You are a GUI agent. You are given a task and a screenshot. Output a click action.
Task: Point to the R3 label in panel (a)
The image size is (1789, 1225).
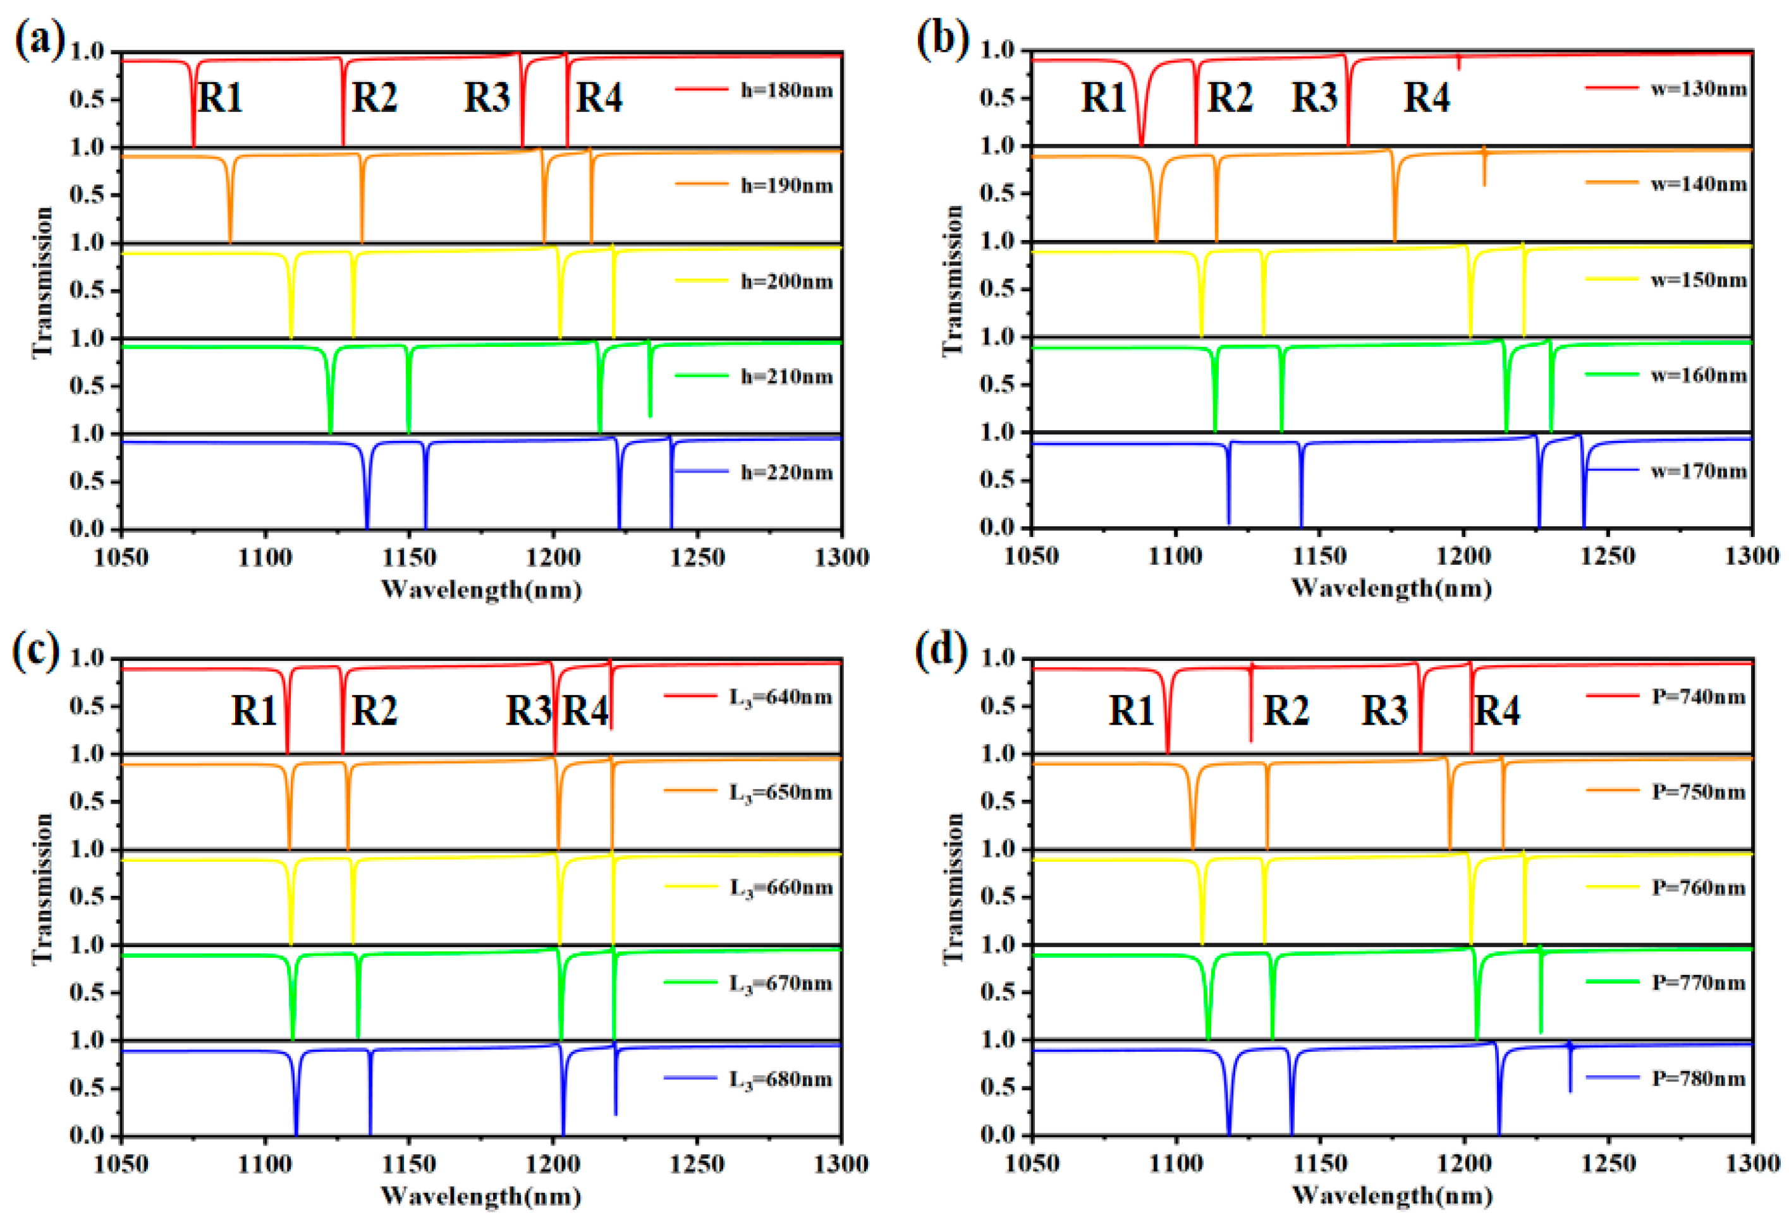click(x=487, y=98)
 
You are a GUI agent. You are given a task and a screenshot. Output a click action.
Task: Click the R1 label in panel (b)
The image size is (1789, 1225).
click(x=1103, y=98)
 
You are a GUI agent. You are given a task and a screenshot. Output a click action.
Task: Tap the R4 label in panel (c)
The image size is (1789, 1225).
click(x=585, y=709)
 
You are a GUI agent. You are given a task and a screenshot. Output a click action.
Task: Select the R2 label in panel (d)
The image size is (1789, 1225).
click(x=1286, y=709)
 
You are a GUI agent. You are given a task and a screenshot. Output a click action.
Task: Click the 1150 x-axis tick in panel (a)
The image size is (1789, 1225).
click(x=409, y=557)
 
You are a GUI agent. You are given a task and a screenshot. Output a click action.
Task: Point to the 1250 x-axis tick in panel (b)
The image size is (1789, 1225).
click(x=1608, y=555)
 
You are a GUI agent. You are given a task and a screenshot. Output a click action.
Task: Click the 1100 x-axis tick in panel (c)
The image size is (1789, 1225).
click(x=265, y=1164)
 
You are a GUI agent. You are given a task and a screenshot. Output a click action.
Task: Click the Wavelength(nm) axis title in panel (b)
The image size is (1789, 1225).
click(x=1392, y=589)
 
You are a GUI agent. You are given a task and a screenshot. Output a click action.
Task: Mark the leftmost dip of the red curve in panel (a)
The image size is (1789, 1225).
click(x=193, y=143)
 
